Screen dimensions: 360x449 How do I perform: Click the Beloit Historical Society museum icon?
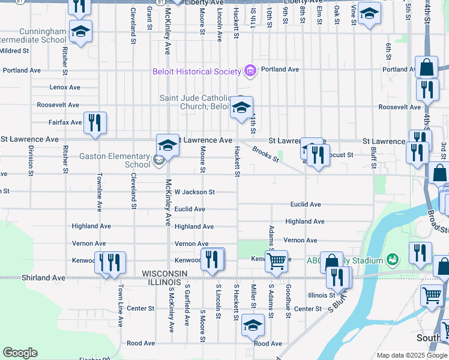[x=250, y=71]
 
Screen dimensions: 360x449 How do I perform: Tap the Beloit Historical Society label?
[x=196, y=72]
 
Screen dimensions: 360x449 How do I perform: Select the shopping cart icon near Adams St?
[x=276, y=260]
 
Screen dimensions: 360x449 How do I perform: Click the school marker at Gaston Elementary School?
[x=168, y=145]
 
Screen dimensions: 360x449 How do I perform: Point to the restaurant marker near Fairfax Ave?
[x=95, y=122]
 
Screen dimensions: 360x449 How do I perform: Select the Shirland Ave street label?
[x=43, y=278]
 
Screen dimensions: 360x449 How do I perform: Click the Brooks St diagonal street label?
[x=265, y=154]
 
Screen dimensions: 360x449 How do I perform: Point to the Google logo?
[x=20, y=353]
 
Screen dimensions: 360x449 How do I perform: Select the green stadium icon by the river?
[x=393, y=259]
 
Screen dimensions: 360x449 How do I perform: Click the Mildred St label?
[x=15, y=51]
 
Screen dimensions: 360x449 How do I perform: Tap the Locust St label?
[x=340, y=154]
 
